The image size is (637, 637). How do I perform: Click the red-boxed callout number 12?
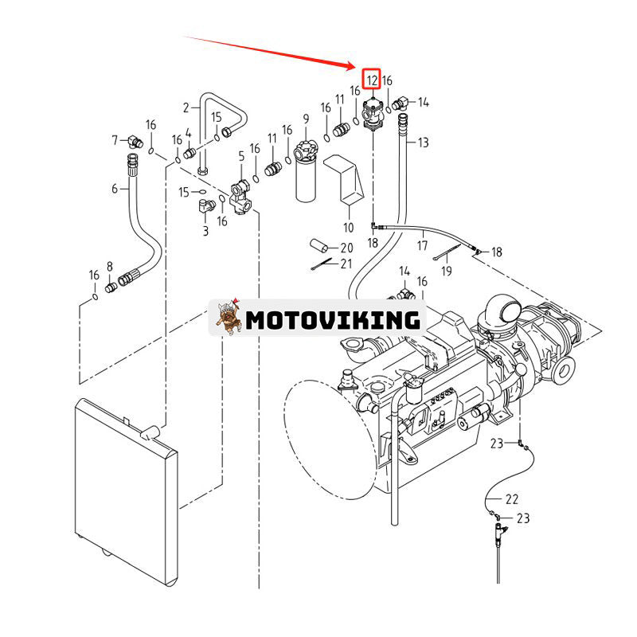pos(372,80)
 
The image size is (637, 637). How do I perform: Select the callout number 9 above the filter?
pos(305,119)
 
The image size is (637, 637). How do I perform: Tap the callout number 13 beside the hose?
pos(423,143)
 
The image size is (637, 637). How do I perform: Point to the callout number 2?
pos(186,107)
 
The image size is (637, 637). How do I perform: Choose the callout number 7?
pos(115,140)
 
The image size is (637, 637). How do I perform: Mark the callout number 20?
pos(347,248)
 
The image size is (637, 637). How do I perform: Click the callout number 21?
pos(346,264)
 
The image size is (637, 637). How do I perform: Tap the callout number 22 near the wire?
pos(512,499)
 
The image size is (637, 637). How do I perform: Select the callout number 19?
pos(447,271)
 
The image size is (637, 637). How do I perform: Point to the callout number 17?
pos(422,245)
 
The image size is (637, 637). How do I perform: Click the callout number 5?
pos(242,158)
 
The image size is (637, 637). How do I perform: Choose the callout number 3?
pos(205,231)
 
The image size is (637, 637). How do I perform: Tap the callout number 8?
pos(110,268)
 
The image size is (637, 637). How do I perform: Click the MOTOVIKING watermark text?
pos(332,320)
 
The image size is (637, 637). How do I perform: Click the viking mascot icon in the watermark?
pos(229,318)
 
